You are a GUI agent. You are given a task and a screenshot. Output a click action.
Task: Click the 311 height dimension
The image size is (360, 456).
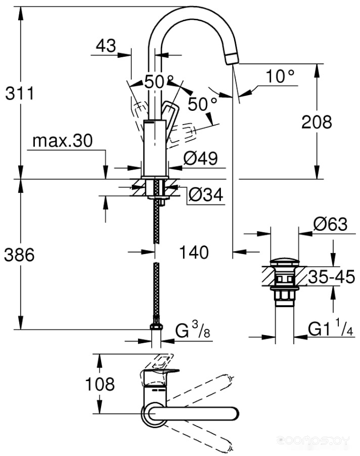pos(20,93)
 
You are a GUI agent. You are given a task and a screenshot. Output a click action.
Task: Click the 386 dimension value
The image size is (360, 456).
pos(19,255)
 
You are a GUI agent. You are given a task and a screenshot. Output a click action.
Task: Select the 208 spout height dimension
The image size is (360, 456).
pos(317,122)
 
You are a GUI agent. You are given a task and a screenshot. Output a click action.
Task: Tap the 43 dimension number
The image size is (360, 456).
pos(106,46)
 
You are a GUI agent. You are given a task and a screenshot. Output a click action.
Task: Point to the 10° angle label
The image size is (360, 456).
pos(280,76)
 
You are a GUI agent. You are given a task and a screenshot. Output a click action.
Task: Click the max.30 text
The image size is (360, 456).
pos(63,141)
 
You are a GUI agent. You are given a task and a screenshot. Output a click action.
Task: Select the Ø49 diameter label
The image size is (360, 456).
pos(201,158)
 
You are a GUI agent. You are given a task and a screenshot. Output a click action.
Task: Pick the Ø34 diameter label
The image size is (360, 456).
pos(206,194)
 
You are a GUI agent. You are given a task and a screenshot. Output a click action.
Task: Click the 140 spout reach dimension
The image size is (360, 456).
pos(194,252)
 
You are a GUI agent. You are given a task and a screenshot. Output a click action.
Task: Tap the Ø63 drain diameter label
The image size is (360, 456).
pos(330,224)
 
